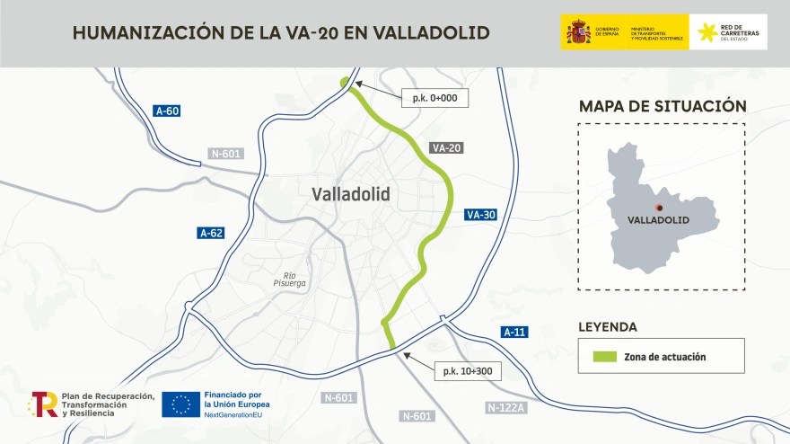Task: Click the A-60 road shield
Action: [x=167, y=111]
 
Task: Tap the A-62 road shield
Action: [x=210, y=234]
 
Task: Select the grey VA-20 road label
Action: [x=446, y=147]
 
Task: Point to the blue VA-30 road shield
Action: [x=480, y=215]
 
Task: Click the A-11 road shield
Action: [x=514, y=333]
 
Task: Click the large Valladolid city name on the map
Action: [x=351, y=193]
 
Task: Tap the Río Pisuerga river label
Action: [x=289, y=280]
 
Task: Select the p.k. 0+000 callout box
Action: [x=435, y=98]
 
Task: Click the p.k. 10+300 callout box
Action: [x=467, y=370]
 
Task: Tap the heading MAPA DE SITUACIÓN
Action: [x=662, y=106]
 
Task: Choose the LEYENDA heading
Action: [x=608, y=327]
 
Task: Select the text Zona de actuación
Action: [x=664, y=357]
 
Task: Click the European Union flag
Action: [x=181, y=404]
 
